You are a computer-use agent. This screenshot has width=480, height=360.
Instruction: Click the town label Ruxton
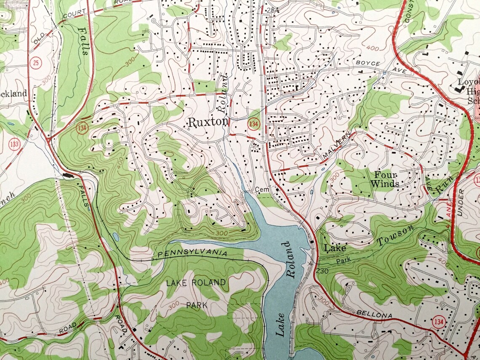[208, 123]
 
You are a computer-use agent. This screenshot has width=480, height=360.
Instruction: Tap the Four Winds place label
[385, 179]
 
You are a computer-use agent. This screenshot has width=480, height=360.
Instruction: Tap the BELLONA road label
[374, 315]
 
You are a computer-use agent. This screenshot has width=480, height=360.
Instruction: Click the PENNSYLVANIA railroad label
[192, 254]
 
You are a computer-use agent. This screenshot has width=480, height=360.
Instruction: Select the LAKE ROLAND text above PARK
[196, 282]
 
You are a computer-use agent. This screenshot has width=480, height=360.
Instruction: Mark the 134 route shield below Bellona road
[437, 322]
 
